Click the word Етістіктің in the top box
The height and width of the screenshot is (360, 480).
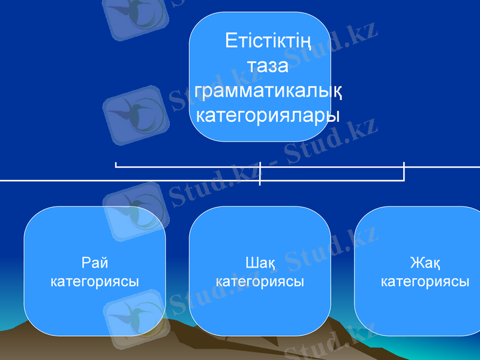(268, 41)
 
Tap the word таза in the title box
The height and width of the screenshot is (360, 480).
(268, 65)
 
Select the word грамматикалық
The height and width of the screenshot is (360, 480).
(268, 90)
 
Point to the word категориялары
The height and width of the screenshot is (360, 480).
(268, 114)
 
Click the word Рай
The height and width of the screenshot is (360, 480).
(95, 263)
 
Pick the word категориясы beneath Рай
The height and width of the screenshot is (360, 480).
(95, 281)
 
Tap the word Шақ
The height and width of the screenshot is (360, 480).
(260, 263)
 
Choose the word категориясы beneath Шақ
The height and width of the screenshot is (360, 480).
(260, 281)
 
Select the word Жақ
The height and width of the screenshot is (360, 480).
(425, 263)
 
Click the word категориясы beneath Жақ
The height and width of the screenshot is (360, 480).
(425, 281)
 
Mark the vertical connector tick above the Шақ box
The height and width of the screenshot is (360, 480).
(260, 173)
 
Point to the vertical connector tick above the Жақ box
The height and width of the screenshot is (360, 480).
(404, 171)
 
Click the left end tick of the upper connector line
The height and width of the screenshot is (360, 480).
(116, 164)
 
